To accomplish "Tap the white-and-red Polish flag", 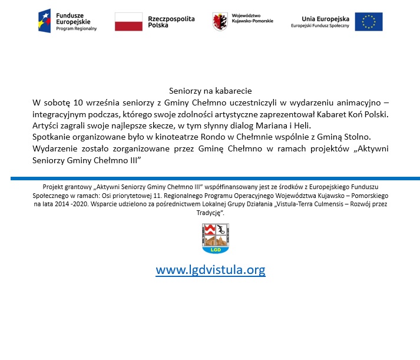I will [128, 21].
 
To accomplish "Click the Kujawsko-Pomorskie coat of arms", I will [220, 22].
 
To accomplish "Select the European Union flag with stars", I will [368, 22].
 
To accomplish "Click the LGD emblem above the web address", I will [215, 238].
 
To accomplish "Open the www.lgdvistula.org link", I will [210, 270].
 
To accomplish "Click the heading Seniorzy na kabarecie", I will [210, 91].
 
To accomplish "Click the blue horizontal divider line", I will [215, 177].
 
